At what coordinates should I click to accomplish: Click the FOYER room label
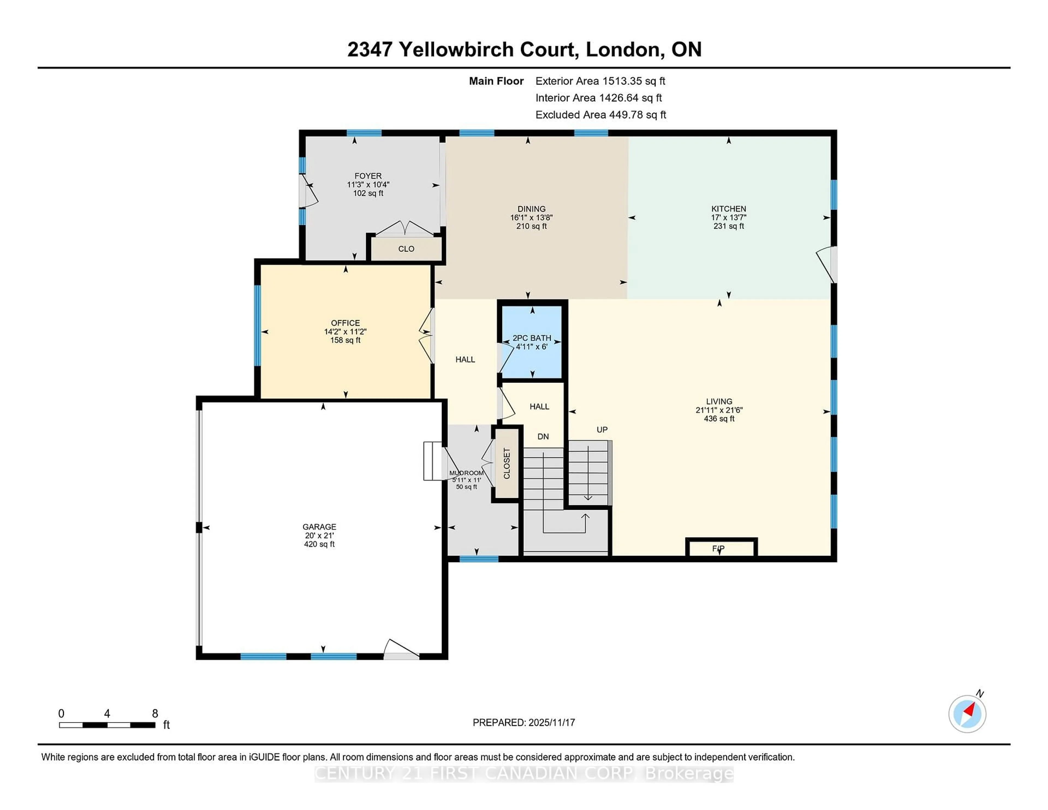[x=368, y=176]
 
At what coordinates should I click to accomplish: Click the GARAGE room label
[x=319, y=527]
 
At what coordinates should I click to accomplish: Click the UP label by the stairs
[x=602, y=430]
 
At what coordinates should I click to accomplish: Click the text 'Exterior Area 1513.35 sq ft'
[x=600, y=81]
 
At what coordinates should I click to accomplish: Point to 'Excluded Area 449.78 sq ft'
[x=600, y=115]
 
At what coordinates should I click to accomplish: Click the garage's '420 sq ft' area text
[x=319, y=544]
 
